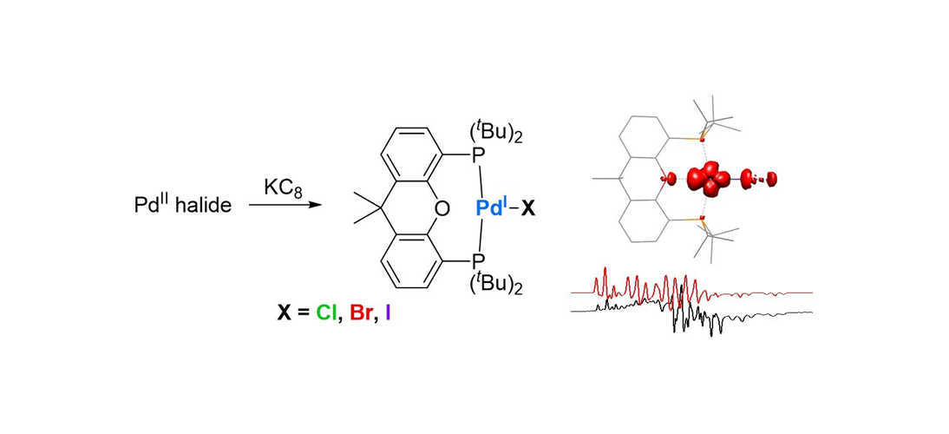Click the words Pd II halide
tap(178, 206)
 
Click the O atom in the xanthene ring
tap(442, 208)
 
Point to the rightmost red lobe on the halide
tap(770, 179)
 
